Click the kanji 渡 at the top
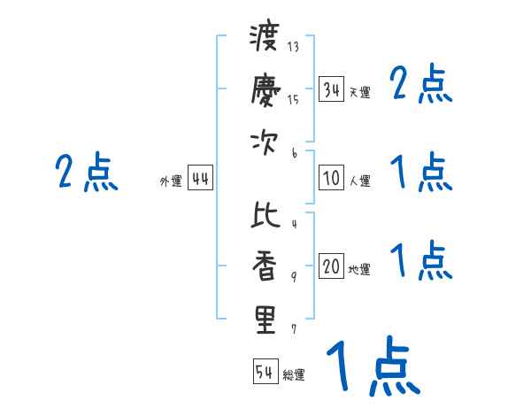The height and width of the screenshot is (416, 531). click(265, 40)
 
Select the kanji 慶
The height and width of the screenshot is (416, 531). click(265, 89)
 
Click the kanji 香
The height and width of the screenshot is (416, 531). click(265, 266)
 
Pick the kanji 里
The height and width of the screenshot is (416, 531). click(265, 319)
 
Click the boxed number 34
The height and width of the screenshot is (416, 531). click(331, 89)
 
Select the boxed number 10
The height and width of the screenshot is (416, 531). click(331, 178)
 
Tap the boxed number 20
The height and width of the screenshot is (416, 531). click(331, 266)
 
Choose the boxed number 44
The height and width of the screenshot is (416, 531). click(200, 178)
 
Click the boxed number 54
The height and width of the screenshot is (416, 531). click(265, 372)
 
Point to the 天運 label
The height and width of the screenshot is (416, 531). click(359, 92)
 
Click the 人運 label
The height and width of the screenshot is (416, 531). click(359, 181)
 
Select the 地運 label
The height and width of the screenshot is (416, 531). click(359, 269)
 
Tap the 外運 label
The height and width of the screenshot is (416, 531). click(170, 181)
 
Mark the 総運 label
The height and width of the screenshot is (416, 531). click(294, 374)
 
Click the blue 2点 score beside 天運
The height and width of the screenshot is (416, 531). click(421, 85)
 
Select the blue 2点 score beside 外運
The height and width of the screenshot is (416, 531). click(86, 172)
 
